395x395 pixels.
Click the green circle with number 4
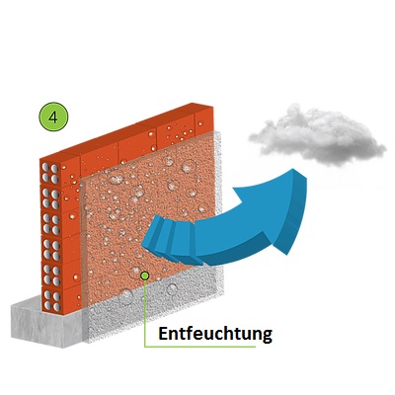coord(53,118)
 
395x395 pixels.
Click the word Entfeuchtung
coord(215,334)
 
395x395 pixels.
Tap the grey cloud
coord(317,135)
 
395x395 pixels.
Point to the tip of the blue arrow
coord(292,169)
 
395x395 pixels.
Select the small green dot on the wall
coord(144,276)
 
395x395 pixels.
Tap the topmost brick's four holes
coord(50,173)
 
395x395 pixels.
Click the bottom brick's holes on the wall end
coord(52,301)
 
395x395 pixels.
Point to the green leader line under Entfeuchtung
coord(200,347)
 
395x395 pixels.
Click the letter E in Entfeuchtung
coord(164,333)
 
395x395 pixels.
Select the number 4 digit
coord(53,118)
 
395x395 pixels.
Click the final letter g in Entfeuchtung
coord(267,336)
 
